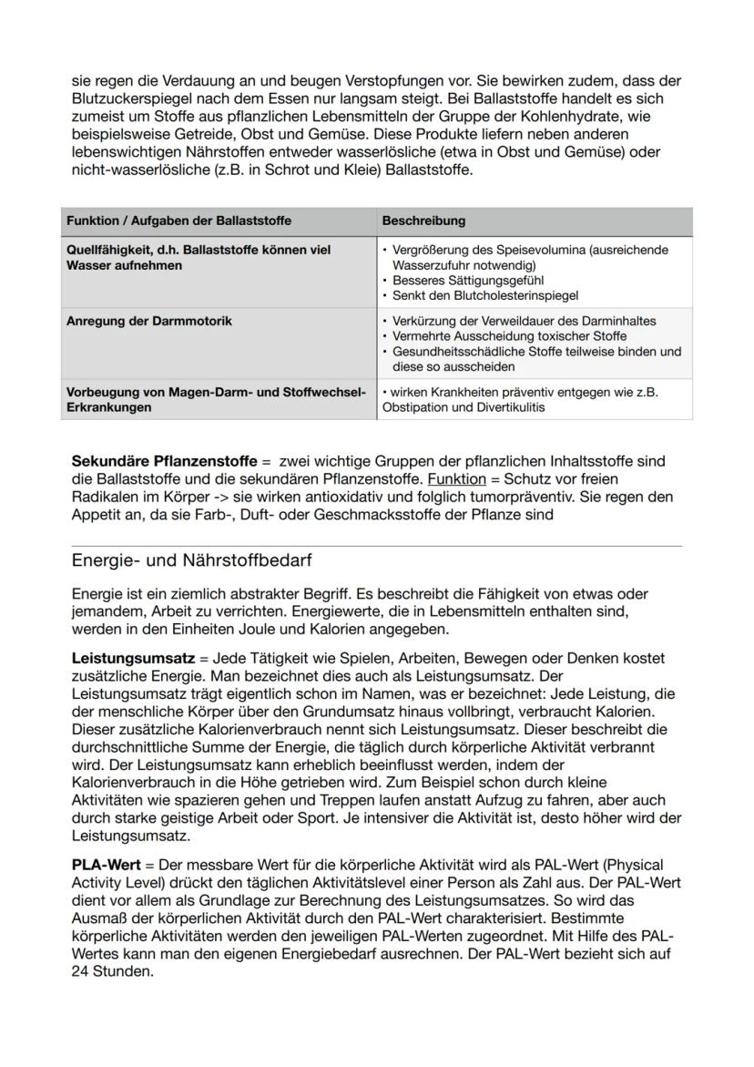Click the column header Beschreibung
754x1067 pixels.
[x=423, y=221]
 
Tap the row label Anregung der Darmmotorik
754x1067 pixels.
[x=149, y=321]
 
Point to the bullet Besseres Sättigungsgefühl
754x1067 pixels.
[x=469, y=281]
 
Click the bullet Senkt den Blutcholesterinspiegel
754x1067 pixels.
[x=485, y=295]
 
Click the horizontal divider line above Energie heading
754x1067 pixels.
[x=376, y=546]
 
